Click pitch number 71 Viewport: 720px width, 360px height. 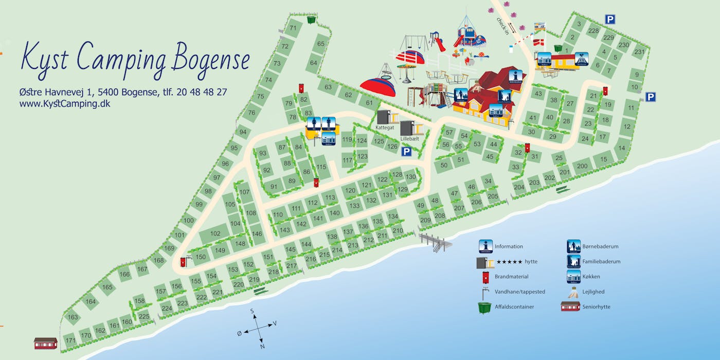293,28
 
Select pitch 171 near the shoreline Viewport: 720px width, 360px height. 70,340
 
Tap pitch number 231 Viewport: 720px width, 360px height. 639,52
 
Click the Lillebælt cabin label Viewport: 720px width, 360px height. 409,138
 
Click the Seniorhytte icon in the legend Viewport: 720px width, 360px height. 570,307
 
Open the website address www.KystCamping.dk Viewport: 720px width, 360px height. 64,103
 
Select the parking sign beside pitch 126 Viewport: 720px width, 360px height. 406,151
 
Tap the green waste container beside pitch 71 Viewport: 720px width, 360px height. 311,20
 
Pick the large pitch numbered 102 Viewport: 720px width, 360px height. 215,233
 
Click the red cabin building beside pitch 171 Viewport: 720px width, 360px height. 45,343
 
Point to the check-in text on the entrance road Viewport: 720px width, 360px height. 502,26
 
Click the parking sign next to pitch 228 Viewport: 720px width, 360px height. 610,20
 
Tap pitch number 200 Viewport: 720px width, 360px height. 582,166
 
